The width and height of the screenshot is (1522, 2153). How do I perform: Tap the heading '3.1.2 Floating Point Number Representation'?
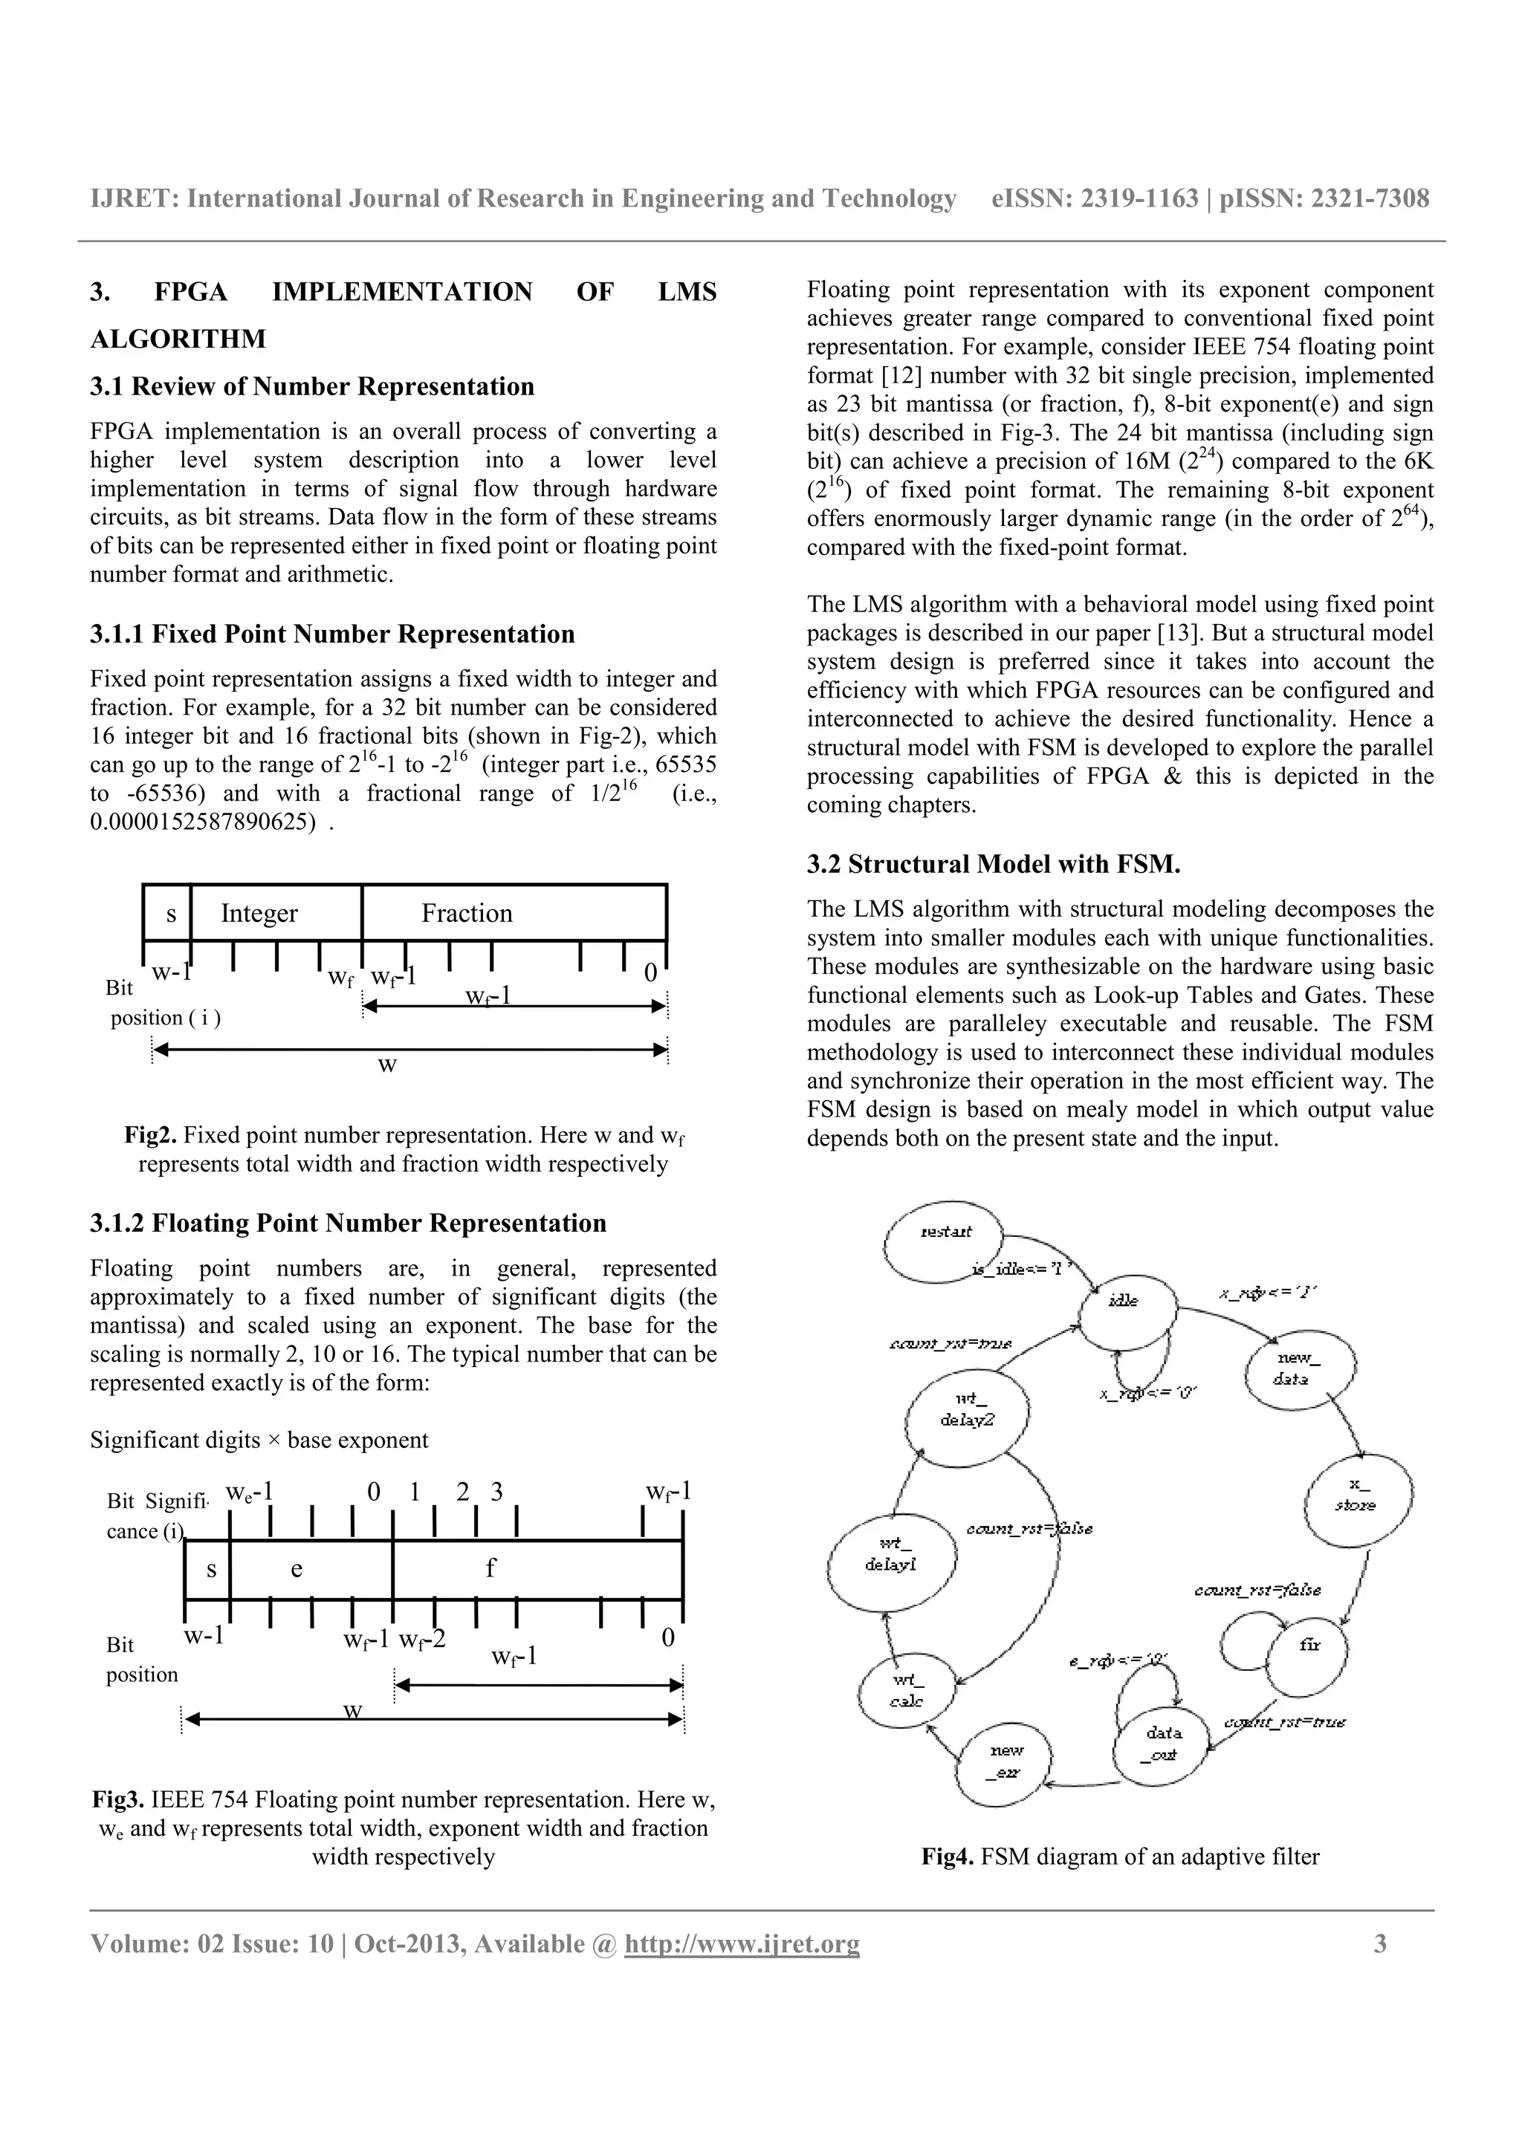pos(348,1223)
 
